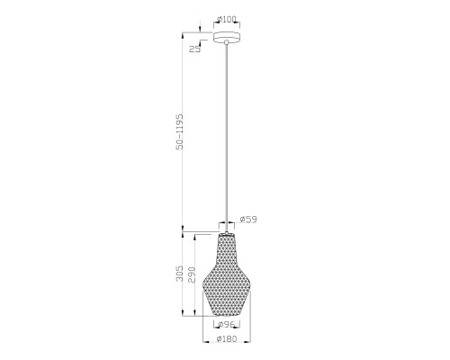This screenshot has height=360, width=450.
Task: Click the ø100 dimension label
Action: coord(226,20)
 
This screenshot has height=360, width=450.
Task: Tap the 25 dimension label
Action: coord(194,49)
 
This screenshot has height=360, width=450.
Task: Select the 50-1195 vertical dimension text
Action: coord(179,131)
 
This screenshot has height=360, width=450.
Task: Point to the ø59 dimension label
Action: coord(248,220)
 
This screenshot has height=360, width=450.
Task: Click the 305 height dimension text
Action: coord(179,274)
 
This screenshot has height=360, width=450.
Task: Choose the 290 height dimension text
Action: coord(192,274)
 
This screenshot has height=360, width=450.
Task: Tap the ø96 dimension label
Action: coord(226,324)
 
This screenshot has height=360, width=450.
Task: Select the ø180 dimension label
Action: coord(227,339)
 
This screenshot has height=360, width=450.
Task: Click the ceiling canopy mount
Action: coord(227,37)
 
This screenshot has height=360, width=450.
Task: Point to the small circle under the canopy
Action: coord(227,42)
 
